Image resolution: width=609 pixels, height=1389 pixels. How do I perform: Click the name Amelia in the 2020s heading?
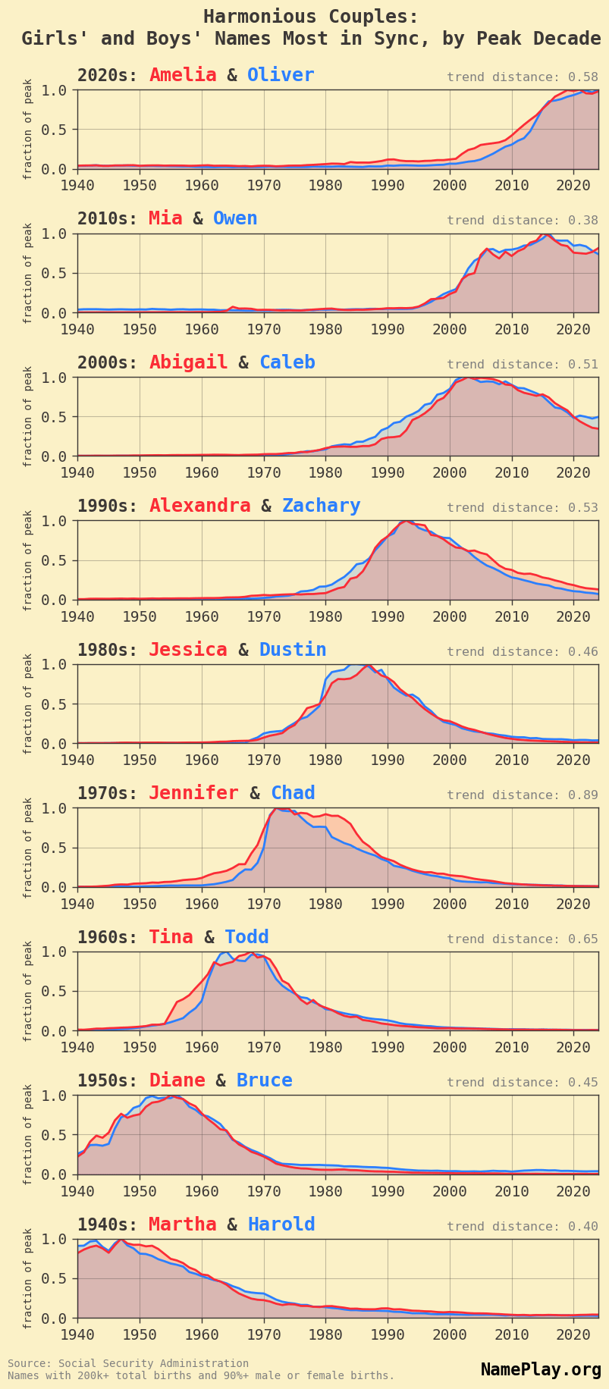click(183, 75)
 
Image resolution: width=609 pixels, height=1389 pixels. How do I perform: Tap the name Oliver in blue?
click(281, 75)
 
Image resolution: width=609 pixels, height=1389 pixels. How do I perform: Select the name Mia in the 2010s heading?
click(165, 218)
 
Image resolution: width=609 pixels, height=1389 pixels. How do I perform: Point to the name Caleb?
click(287, 362)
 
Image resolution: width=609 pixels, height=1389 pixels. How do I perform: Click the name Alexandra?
click(199, 506)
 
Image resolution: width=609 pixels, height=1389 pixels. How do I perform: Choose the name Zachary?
click(321, 506)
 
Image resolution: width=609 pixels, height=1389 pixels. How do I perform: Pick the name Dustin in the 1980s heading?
click(293, 650)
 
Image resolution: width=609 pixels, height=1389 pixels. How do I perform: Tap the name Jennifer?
click(193, 793)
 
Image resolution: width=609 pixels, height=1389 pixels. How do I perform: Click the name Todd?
click(247, 937)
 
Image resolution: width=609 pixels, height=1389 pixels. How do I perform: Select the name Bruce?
click(264, 1080)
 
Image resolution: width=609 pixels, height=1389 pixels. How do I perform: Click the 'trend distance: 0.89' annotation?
click(522, 795)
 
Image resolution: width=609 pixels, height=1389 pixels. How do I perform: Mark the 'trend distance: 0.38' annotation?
click(522, 221)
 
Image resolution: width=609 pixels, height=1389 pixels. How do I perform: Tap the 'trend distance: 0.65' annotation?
click(522, 939)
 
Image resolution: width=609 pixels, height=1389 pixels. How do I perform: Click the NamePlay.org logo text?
click(541, 1369)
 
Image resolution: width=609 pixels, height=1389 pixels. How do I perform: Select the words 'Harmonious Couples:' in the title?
click(311, 17)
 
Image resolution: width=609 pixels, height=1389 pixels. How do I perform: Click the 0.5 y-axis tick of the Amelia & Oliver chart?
click(60, 130)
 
